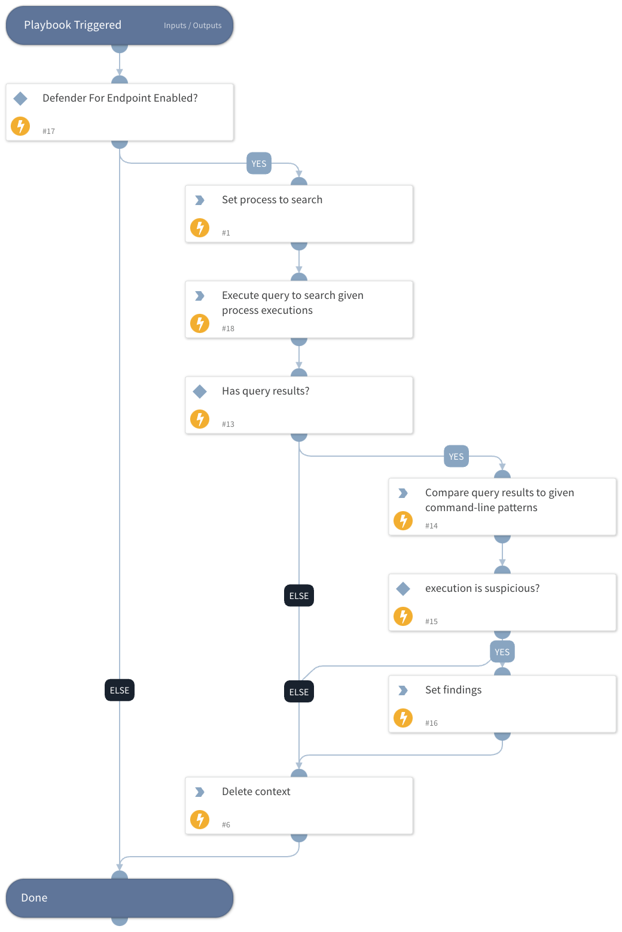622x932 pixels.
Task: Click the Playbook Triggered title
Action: click(x=72, y=25)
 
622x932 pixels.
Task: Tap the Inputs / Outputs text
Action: click(x=193, y=26)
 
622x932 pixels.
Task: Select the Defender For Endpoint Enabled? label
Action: click(x=120, y=98)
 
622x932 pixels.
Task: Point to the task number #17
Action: click(x=48, y=132)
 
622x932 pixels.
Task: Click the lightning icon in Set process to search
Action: click(x=200, y=228)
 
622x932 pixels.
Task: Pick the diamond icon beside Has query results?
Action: click(x=200, y=392)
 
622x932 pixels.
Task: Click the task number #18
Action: click(x=228, y=329)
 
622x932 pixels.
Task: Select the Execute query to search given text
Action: click(x=292, y=295)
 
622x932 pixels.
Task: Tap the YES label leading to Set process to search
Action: click(x=259, y=164)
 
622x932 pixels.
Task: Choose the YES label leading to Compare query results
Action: click(x=456, y=457)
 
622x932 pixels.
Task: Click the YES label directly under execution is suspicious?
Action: click(x=502, y=652)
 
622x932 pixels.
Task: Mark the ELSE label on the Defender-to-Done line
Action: click(x=120, y=690)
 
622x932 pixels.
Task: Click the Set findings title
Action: click(x=453, y=690)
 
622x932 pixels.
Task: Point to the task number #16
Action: click(x=431, y=723)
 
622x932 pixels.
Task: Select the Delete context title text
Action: click(x=256, y=792)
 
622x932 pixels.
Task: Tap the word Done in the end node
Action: click(x=34, y=898)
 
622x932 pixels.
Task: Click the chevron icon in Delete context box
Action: click(x=200, y=792)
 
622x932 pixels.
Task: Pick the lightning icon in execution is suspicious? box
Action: click(x=403, y=616)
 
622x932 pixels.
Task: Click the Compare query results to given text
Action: click(x=499, y=493)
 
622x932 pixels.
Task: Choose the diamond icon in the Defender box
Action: click(x=20, y=99)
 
